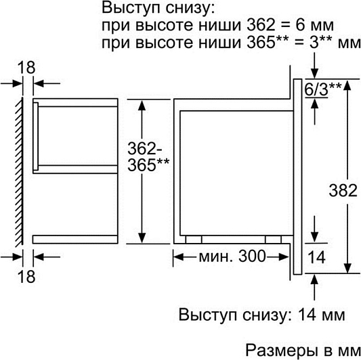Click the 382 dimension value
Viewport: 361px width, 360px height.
tap(343, 190)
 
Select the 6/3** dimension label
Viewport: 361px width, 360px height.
tap(323, 89)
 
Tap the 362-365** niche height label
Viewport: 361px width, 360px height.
tap(148, 157)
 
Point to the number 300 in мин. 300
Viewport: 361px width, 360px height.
tap(252, 256)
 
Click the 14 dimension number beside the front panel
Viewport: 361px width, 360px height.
tap(316, 257)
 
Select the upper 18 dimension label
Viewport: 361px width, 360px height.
tap(26, 68)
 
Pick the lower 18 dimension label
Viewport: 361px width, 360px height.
tap(26, 276)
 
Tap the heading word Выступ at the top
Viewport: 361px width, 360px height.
tap(132, 8)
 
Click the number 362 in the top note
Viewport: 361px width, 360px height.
tap(261, 25)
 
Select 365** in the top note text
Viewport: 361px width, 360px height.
tap(267, 42)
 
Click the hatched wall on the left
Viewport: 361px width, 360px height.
tap(20, 172)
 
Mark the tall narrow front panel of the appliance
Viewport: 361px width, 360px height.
tap(298, 177)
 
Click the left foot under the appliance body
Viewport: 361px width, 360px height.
tap(194, 240)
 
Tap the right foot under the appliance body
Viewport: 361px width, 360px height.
tap(273, 240)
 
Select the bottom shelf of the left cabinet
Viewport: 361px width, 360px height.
tap(75, 240)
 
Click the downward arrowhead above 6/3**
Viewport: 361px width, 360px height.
tap(314, 73)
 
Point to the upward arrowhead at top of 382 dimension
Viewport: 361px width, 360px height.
tap(347, 85)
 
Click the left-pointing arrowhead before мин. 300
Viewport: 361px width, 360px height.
tap(179, 256)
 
